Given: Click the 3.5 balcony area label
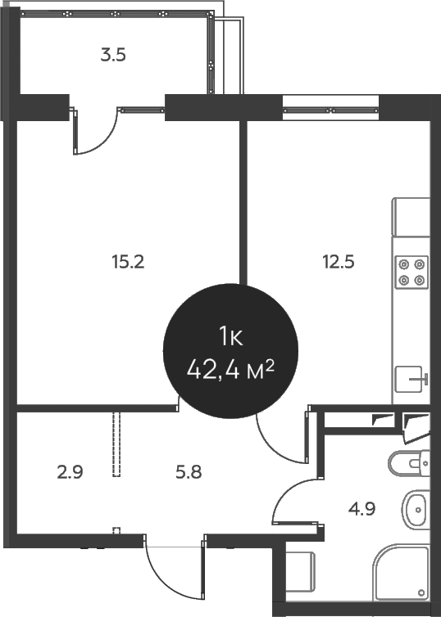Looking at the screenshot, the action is tap(113, 55).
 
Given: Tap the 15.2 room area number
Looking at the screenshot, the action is tap(128, 262).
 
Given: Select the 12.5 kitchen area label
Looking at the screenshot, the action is tap(339, 262).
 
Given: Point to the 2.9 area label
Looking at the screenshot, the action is tap(70, 472).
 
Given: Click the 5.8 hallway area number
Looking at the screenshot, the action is tap(189, 472).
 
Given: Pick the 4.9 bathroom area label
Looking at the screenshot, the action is tap(361, 509).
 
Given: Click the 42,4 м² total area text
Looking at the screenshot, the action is tap(230, 370).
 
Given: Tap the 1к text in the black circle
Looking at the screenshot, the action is tap(231, 338).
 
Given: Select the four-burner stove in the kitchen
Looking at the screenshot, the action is tap(411, 272).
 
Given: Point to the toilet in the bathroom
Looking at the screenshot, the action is tap(409, 463).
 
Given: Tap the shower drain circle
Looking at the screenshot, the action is tap(421, 592).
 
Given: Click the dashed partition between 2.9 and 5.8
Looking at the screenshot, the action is tap(116, 444).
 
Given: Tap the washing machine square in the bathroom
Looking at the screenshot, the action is tap(300, 572).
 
